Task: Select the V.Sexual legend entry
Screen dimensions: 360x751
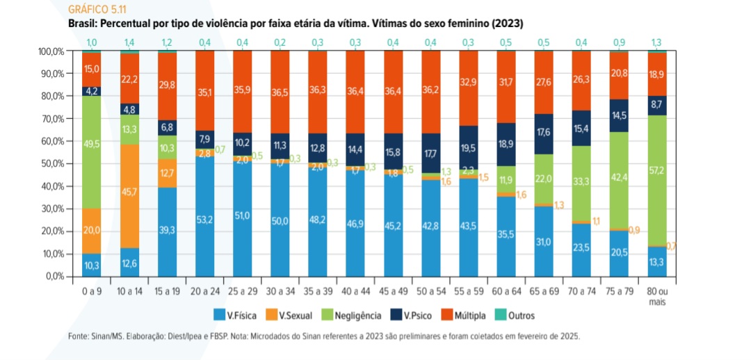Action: [290, 316]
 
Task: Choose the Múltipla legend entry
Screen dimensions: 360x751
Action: [469, 316]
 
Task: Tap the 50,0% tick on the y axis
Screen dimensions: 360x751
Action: [54, 164]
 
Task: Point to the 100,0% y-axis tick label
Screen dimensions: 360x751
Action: [52, 51]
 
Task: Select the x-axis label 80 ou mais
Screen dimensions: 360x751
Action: [656, 296]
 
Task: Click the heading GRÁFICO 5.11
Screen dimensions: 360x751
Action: [97, 10]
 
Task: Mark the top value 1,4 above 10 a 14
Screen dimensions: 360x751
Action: [129, 42]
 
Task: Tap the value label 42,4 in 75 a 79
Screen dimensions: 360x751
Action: [618, 177]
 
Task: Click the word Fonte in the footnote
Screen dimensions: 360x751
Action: [79, 336]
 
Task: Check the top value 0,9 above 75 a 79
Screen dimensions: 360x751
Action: [618, 42]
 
